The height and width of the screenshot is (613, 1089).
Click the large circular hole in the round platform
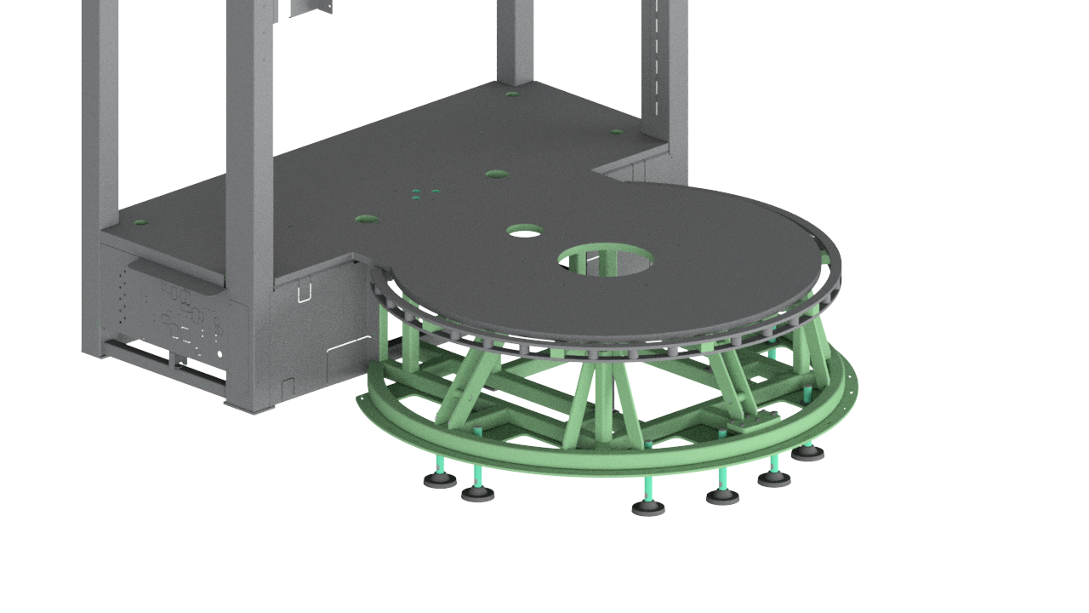tap(605, 259)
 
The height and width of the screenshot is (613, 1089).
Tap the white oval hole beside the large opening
tap(524, 231)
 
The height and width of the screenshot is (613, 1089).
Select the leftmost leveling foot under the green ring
tap(440, 480)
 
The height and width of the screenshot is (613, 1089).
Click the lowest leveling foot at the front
tap(648, 508)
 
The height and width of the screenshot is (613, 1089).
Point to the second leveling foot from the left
tap(477, 494)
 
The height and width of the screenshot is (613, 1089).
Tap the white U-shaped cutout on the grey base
tap(304, 293)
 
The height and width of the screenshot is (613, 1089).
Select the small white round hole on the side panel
tap(220, 353)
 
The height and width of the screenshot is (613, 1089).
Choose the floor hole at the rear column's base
tap(511, 94)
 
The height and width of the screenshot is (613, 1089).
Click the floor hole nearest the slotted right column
tap(617, 132)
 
